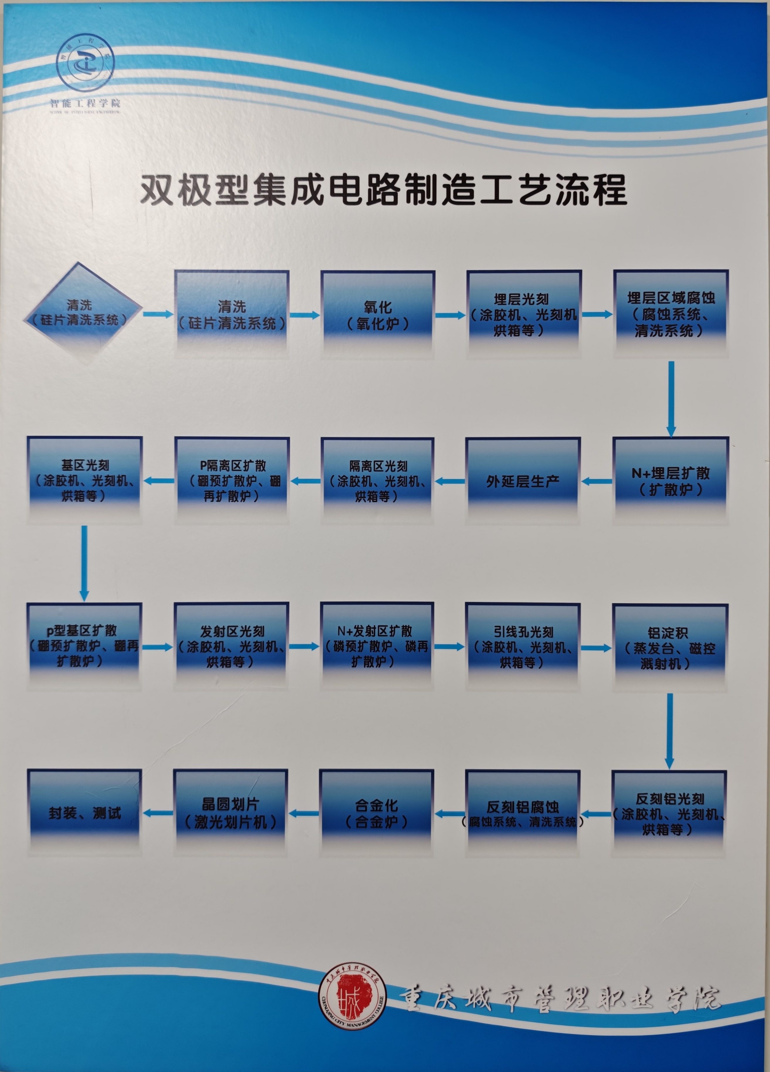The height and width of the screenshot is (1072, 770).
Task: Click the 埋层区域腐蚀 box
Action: point(671,314)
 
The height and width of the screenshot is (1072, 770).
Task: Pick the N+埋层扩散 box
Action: point(670,481)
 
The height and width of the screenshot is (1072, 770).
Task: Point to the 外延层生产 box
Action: point(523,481)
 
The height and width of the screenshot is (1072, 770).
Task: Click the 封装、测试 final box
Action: point(85,813)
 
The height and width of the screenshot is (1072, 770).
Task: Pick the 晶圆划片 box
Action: point(231,813)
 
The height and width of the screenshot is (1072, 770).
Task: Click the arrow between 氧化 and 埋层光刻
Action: point(450,315)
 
